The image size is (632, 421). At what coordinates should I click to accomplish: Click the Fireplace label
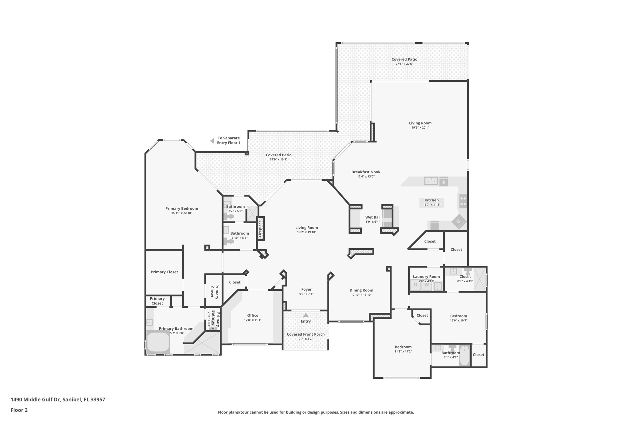260,229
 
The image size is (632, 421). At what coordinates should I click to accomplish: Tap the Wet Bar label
372,217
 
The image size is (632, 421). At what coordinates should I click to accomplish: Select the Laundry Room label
426,277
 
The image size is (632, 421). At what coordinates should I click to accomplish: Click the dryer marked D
415,285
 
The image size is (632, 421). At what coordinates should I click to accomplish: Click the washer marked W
426,285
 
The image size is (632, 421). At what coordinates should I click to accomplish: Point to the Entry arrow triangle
306,315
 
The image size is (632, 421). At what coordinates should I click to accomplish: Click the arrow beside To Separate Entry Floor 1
212,141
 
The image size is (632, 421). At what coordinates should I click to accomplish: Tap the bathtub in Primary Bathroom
158,342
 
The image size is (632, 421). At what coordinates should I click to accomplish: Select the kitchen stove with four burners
463,201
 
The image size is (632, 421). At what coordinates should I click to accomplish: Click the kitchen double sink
431,181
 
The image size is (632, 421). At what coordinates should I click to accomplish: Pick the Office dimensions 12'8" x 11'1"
252,320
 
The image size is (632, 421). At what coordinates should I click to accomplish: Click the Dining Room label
361,290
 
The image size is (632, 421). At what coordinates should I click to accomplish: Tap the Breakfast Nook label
366,172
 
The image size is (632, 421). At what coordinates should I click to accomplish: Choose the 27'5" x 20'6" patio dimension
404,64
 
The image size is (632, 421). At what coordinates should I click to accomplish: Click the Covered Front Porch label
306,334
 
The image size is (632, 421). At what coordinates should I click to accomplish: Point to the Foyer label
306,289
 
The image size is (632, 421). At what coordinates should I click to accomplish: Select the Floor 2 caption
19,410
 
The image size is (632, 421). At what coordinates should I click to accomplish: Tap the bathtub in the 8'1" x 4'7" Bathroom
464,355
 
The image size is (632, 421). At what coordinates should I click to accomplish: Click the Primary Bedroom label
181,208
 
